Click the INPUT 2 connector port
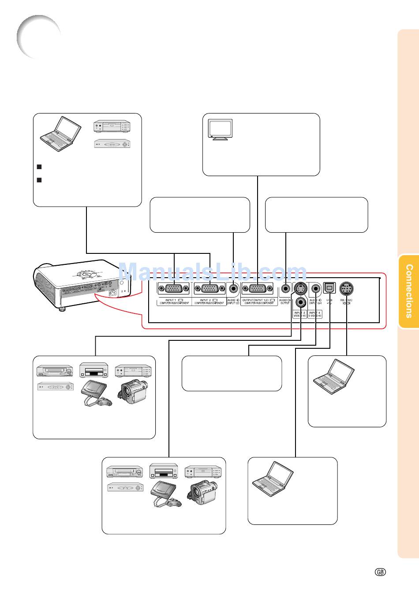click(210, 289)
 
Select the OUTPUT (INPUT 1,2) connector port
click(258, 289)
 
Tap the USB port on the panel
click(329, 288)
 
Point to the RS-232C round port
click(346, 289)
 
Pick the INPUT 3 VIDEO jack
click(301, 302)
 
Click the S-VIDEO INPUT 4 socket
click(300, 289)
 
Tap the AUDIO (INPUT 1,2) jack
click(233, 289)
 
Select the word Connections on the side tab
click(409, 291)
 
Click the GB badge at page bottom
click(381, 572)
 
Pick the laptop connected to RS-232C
click(333, 377)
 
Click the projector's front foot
click(62, 309)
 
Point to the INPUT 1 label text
click(170, 300)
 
